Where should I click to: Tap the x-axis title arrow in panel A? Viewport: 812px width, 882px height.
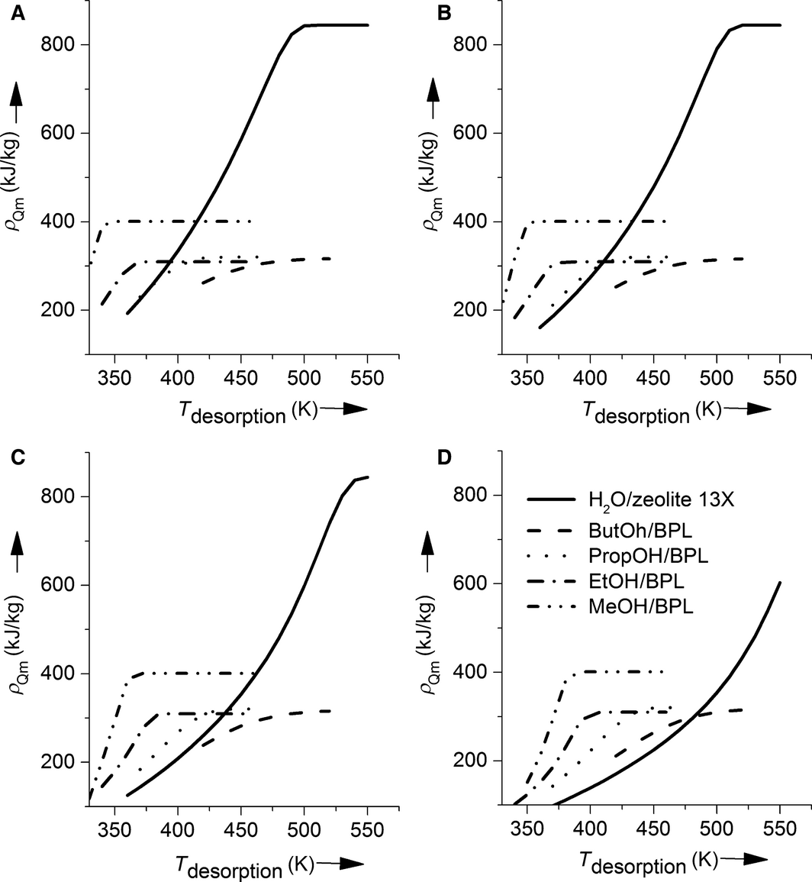point(345,410)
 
